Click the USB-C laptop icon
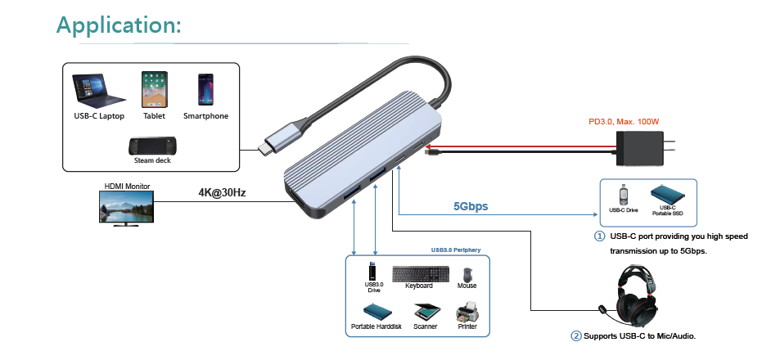[x=98, y=90]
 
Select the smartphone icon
[x=205, y=88]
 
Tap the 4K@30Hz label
[x=222, y=193]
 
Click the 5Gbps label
[x=471, y=206]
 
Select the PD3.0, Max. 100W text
[x=624, y=122]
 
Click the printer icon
[x=467, y=312]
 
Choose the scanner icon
[x=426, y=312]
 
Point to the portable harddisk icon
[x=376, y=312]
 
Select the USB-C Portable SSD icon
[x=668, y=195]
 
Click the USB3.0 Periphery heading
[x=456, y=250]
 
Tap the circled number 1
[x=600, y=236]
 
